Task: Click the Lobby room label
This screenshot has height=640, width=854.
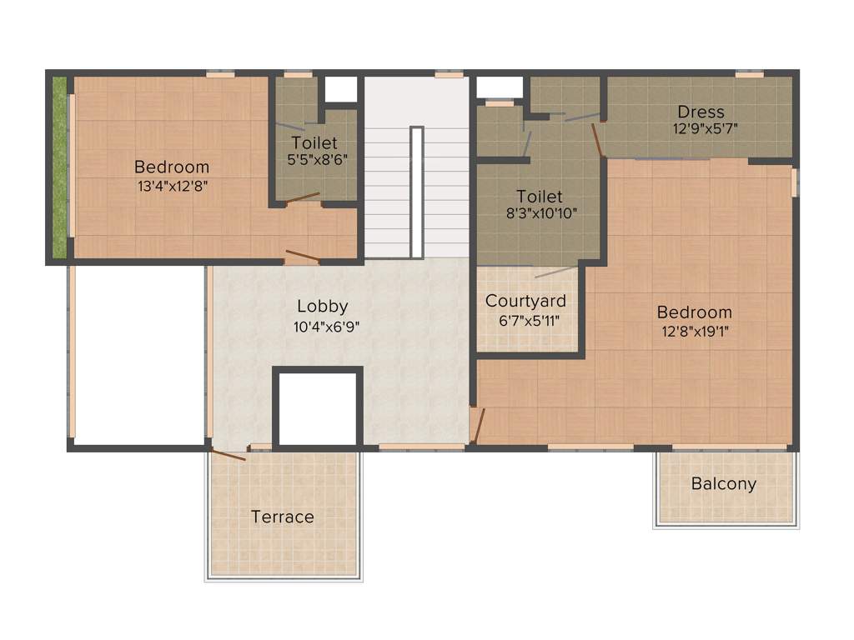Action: click(x=322, y=307)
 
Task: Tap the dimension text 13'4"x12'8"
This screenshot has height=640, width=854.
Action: click(x=172, y=187)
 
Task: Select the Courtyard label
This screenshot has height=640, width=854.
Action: click(x=525, y=301)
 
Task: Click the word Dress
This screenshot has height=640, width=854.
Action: click(x=701, y=112)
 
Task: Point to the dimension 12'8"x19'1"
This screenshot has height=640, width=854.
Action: click(x=694, y=332)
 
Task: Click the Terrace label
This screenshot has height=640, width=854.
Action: click(x=283, y=517)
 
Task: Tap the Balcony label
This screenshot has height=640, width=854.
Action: click(x=724, y=483)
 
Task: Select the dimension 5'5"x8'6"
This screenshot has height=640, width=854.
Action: click(x=314, y=161)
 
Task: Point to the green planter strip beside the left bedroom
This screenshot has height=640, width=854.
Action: click(x=59, y=167)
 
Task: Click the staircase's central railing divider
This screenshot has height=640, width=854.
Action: click(x=416, y=192)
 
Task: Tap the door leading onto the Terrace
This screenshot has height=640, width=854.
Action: click(x=228, y=455)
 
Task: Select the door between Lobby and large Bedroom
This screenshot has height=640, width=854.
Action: click(x=476, y=426)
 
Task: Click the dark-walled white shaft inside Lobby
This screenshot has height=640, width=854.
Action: click(x=317, y=409)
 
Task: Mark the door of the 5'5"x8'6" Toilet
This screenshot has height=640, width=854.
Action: click(x=301, y=198)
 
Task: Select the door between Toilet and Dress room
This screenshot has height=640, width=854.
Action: click(x=597, y=140)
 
